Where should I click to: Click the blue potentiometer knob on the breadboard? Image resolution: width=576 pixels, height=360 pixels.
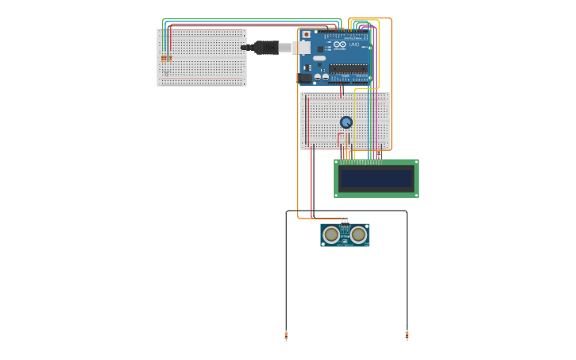346,122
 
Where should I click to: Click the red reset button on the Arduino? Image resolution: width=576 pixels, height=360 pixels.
307,35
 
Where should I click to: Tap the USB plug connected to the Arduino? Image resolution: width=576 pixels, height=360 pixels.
267,48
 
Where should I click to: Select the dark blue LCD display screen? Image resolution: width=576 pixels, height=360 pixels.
376,178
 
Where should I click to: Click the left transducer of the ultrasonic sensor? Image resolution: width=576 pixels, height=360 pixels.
331,234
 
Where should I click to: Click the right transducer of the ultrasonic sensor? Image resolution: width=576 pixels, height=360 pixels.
358,234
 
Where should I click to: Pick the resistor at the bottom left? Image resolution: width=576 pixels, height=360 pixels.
286,335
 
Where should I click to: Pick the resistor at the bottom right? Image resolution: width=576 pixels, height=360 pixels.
407,335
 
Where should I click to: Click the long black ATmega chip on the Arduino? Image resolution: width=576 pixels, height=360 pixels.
349,68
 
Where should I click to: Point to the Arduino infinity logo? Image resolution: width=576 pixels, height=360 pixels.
340,45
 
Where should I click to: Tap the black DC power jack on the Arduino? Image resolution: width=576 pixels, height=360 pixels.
303,78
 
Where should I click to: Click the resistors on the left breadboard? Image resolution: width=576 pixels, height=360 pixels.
165,58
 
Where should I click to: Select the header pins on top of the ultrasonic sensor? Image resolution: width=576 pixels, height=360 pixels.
345,221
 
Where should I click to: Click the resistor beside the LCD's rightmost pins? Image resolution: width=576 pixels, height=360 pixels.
379,154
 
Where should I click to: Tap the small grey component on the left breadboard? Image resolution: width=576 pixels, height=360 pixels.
166,73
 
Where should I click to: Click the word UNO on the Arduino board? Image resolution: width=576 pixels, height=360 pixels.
354,45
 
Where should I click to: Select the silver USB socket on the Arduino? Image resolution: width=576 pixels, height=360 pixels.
302,48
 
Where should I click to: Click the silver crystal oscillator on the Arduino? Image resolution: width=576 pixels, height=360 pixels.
319,58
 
